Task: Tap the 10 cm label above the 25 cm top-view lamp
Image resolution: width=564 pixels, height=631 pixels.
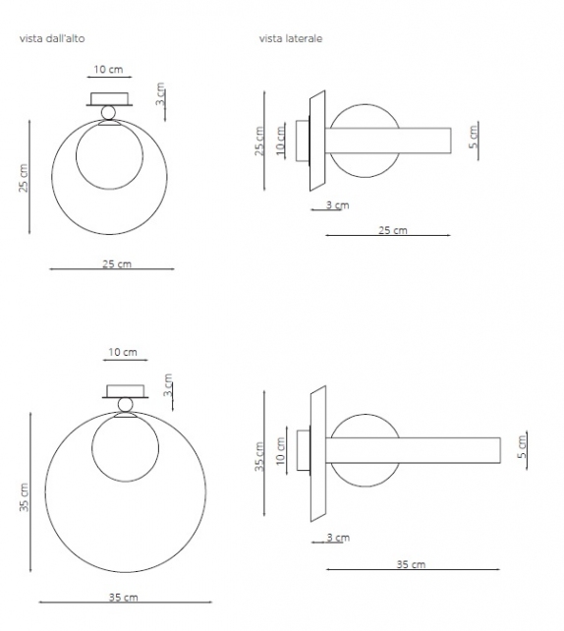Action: click(x=108, y=70)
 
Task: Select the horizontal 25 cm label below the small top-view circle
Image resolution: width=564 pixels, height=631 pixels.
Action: click(x=116, y=263)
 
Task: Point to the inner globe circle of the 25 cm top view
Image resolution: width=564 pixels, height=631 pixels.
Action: click(x=109, y=157)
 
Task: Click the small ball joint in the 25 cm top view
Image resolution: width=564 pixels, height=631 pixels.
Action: click(x=108, y=113)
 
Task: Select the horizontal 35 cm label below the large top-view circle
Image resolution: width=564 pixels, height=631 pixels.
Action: click(x=123, y=597)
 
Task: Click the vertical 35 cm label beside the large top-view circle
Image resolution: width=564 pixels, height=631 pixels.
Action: click(x=25, y=497)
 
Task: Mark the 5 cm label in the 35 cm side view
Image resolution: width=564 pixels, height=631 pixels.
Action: click(x=522, y=447)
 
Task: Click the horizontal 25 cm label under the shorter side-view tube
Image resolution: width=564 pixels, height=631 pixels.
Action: click(x=392, y=230)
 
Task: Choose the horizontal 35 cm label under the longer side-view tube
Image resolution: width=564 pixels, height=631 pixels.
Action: click(x=411, y=564)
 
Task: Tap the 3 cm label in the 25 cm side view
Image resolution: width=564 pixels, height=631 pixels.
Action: click(x=336, y=205)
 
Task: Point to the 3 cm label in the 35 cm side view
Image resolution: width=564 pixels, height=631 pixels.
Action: click(x=336, y=538)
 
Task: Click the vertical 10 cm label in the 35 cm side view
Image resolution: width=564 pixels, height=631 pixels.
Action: click(x=281, y=450)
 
